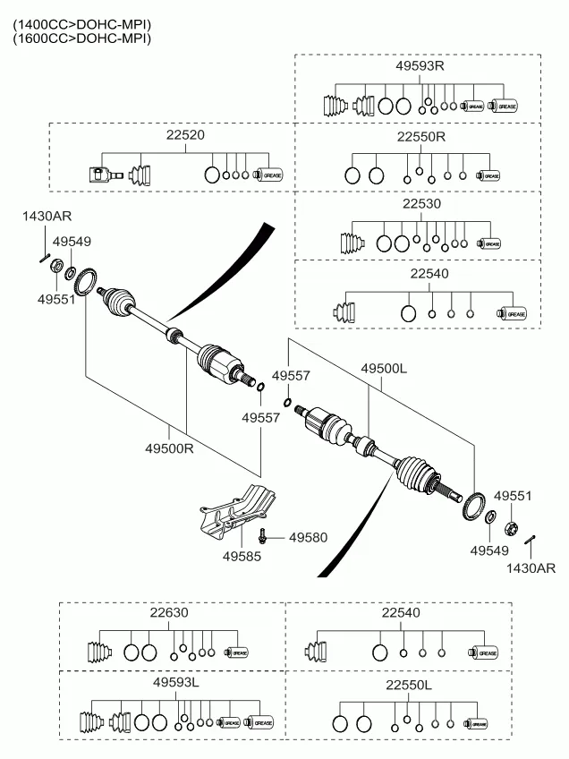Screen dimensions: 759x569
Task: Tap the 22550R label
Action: pyautogui.click(x=420, y=137)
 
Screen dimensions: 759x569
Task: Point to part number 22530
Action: pyautogui.click(x=420, y=205)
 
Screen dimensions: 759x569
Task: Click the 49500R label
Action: pyautogui.click(x=171, y=448)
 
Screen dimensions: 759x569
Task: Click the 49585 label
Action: pyautogui.click(x=242, y=556)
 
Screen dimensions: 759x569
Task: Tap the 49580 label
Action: pyautogui.click(x=308, y=538)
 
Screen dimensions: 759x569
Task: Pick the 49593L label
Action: pyautogui.click(x=175, y=682)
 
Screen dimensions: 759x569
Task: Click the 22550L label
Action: pyautogui.click(x=408, y=685)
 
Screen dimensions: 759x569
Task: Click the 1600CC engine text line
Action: pyautogui.click(x=81, y=38)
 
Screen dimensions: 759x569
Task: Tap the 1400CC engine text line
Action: pyautogui.click(x=81, y=24)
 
